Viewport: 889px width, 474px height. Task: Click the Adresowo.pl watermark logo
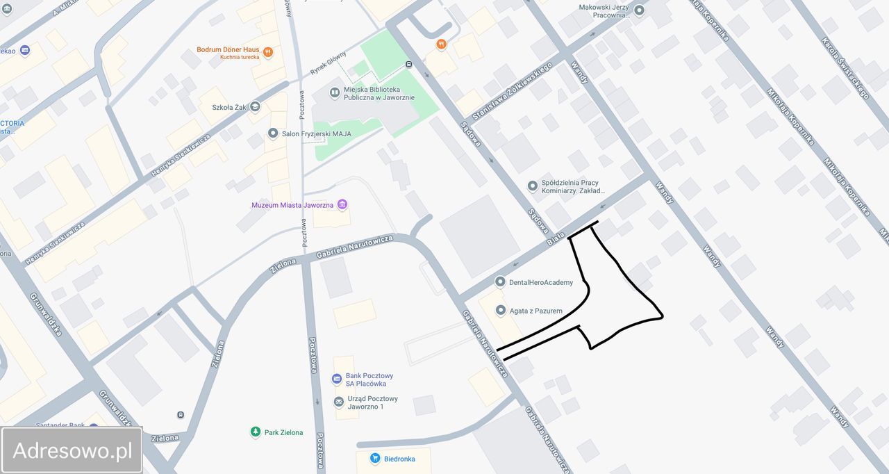[72, 450]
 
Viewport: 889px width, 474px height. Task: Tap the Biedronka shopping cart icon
[375, 458]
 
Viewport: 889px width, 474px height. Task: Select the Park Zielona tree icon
[256, 432]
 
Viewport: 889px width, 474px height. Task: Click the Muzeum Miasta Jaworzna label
[292, 205]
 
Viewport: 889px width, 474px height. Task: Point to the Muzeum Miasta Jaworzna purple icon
[342, 205]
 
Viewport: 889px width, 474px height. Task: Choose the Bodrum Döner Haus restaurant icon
[268, 52]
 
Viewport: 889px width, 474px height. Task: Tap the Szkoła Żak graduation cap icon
[256, 107]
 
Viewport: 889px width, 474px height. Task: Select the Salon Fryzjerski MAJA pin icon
[273, 133]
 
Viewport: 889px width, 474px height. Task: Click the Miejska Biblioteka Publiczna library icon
[335, 92]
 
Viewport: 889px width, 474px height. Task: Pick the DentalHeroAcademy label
[541, 282]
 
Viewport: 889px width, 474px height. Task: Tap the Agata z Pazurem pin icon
[501, 311]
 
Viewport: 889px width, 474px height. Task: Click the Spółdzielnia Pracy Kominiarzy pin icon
[533, 186]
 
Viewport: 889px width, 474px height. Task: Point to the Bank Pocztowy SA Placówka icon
[337, 379]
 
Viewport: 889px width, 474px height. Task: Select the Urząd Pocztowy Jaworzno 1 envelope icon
[338, 402]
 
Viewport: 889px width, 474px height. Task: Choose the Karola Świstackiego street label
[845, 67]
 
